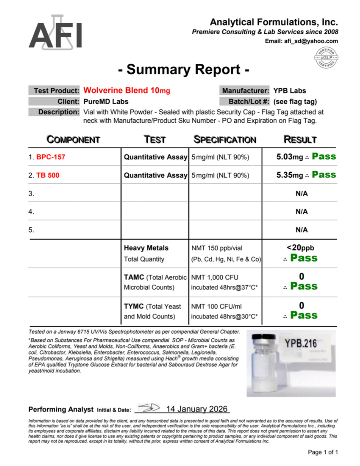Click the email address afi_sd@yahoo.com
point(302,41)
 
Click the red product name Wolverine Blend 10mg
point(127,91)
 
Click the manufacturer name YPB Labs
point(290,91)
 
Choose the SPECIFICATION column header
point(224,140)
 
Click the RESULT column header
point(300,140)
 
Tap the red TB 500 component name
point(48,175)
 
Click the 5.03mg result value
point(290,157)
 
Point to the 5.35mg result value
point(290,175)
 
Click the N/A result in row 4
point(302,211)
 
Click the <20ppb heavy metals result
point(301,248)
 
